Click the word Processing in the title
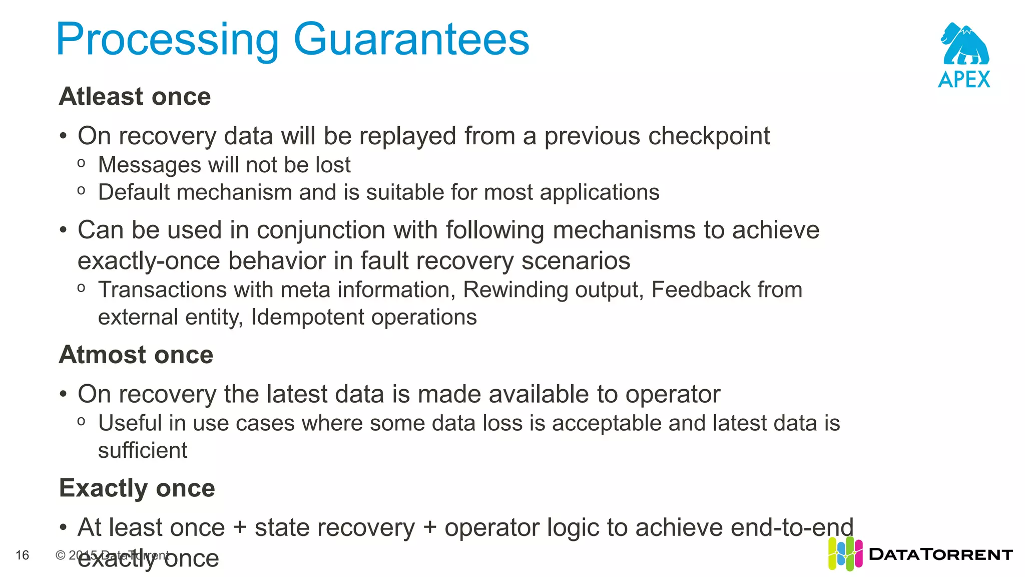coord(167,40)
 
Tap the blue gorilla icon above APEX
coord(964,44)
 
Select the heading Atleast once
coord(135,96)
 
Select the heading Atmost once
coord(136,355)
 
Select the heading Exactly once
coord(137,488)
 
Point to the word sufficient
coord(143,450)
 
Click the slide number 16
coord(23,555)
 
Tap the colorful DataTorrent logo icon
coord(845,554)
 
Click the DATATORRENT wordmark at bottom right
coord(941,554)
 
